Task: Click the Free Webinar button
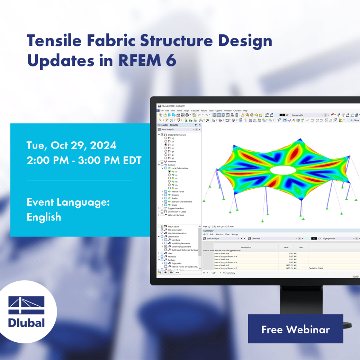pos(295,329)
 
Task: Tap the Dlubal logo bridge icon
pos(26,305)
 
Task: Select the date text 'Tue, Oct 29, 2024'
pos(71,145)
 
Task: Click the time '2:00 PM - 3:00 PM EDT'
pos(84,161)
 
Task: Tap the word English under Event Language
pos(44,217)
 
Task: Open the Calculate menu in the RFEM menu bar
pos(195,110)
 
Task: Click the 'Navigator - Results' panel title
pos(168,125)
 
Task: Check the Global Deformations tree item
pos(177,135)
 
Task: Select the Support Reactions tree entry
pos(176,208)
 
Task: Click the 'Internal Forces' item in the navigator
pos(178,191)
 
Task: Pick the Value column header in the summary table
pos(286,247)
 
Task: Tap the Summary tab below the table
pos(231,273)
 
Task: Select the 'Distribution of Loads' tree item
pos(177,211)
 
